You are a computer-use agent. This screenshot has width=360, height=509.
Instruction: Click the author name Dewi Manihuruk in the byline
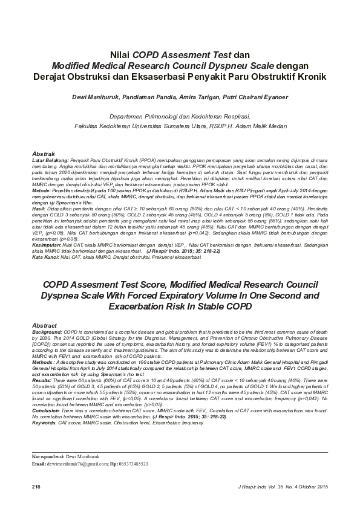pos(93,97)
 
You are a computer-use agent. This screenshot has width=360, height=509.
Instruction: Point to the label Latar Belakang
pos(50,160)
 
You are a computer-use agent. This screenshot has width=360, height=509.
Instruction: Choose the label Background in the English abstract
pos(47,332)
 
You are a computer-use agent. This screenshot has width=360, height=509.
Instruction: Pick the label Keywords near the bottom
pos(45,406)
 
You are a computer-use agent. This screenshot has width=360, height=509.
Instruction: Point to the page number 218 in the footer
pos(36,487)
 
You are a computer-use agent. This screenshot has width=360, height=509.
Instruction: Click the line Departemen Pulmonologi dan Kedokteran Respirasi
pos(180,115)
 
